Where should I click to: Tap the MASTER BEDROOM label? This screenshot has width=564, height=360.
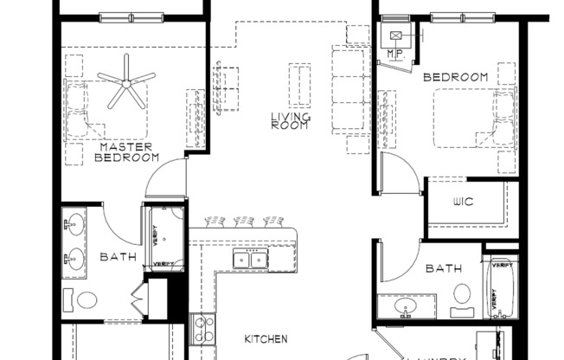pyautogui.click(x=126, y=152)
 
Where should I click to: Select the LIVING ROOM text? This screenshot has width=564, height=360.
pyautogui.click(x=290, y=121)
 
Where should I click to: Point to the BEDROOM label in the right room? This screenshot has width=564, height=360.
pyautogui.click(x=455, y=78)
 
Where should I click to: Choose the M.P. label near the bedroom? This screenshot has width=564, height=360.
pyautogui.click(x=397, y=53)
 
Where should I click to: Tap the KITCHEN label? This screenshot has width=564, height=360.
pyautogui.click(x=265, y=339)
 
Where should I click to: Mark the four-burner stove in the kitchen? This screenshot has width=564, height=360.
pyautogui.click(x=203, y=328)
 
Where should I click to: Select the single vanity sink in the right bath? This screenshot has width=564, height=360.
pyautogui.click(x=404, y=307)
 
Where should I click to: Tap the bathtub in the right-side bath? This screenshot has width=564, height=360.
pyautogui.click(x=501, y=289)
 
